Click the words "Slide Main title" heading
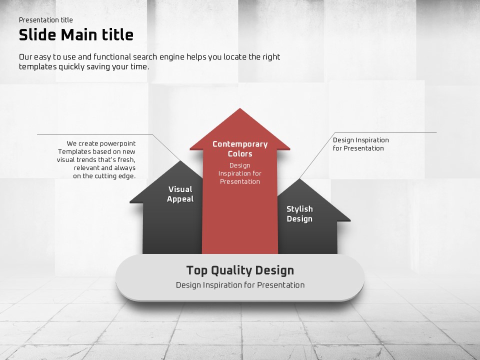(x=76, y=35)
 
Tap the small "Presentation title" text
(x=46, y=20)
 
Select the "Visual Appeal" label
(x=180, y=194)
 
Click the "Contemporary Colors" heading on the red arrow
(x=240, y=149)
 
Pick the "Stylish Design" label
(x=299, y=213)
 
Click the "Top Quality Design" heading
(x=240, y=270)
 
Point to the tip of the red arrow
(x=240, y=108)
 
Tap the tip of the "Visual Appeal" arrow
(x=180, y=161)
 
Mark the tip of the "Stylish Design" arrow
(x=299, y=179)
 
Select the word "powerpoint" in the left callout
(x=118, y=143)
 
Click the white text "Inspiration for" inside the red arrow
(x=239, y=173)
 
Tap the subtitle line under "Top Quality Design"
(x=240, y=285)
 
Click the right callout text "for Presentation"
(x=358, y=148)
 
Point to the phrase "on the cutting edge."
(x=104, y=176)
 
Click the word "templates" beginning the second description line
(x=38, y=66)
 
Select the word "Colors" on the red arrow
(x=240, y=153)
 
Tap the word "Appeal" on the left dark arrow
(x=180, y=199)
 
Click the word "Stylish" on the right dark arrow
(x=299, y=209)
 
